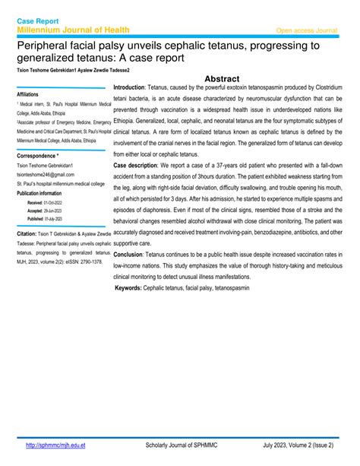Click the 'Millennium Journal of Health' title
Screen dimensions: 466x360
(74, 30)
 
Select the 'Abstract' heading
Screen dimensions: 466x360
(223, 78)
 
